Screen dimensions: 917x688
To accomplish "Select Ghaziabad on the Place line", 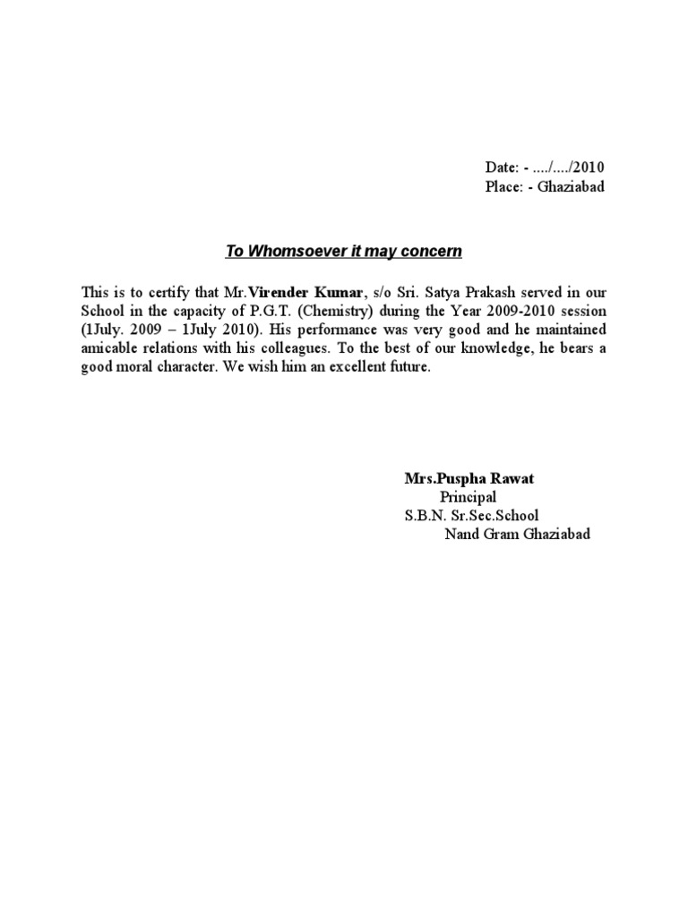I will (572, 186).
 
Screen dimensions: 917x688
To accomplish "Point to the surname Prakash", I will (451, 291).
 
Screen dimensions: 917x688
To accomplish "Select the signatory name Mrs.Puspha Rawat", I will (469, 478).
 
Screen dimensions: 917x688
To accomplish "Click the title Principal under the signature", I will (468, 497).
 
